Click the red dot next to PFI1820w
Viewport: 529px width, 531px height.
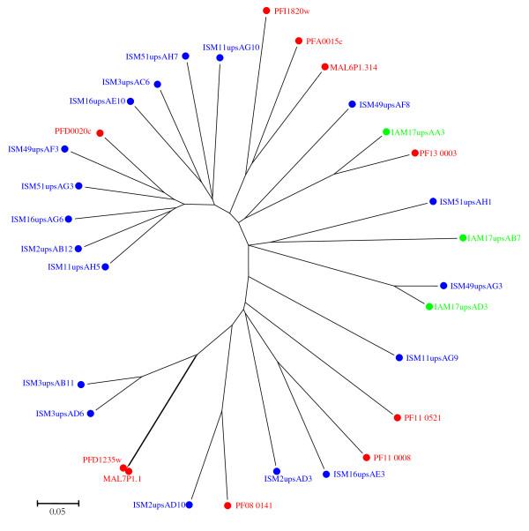[267, 11]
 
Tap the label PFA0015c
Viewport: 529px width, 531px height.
[324, 41]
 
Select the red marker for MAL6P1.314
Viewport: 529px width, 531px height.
[324, 67]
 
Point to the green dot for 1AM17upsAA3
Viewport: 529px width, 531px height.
[386, 131]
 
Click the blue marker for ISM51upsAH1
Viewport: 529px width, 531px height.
[432, 202]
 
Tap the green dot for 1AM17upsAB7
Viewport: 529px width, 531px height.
[462, 238]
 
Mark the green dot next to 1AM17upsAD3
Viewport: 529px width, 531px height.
[428, 307]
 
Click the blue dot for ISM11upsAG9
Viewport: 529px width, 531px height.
[399, 357]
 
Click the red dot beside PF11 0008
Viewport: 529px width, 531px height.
[365, 458]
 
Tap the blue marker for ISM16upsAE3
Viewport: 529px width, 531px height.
[326, 475]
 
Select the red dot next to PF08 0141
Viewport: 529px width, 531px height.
[227, 505]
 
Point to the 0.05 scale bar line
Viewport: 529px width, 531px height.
[58, 503]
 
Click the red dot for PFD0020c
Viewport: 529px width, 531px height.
[100, 133]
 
